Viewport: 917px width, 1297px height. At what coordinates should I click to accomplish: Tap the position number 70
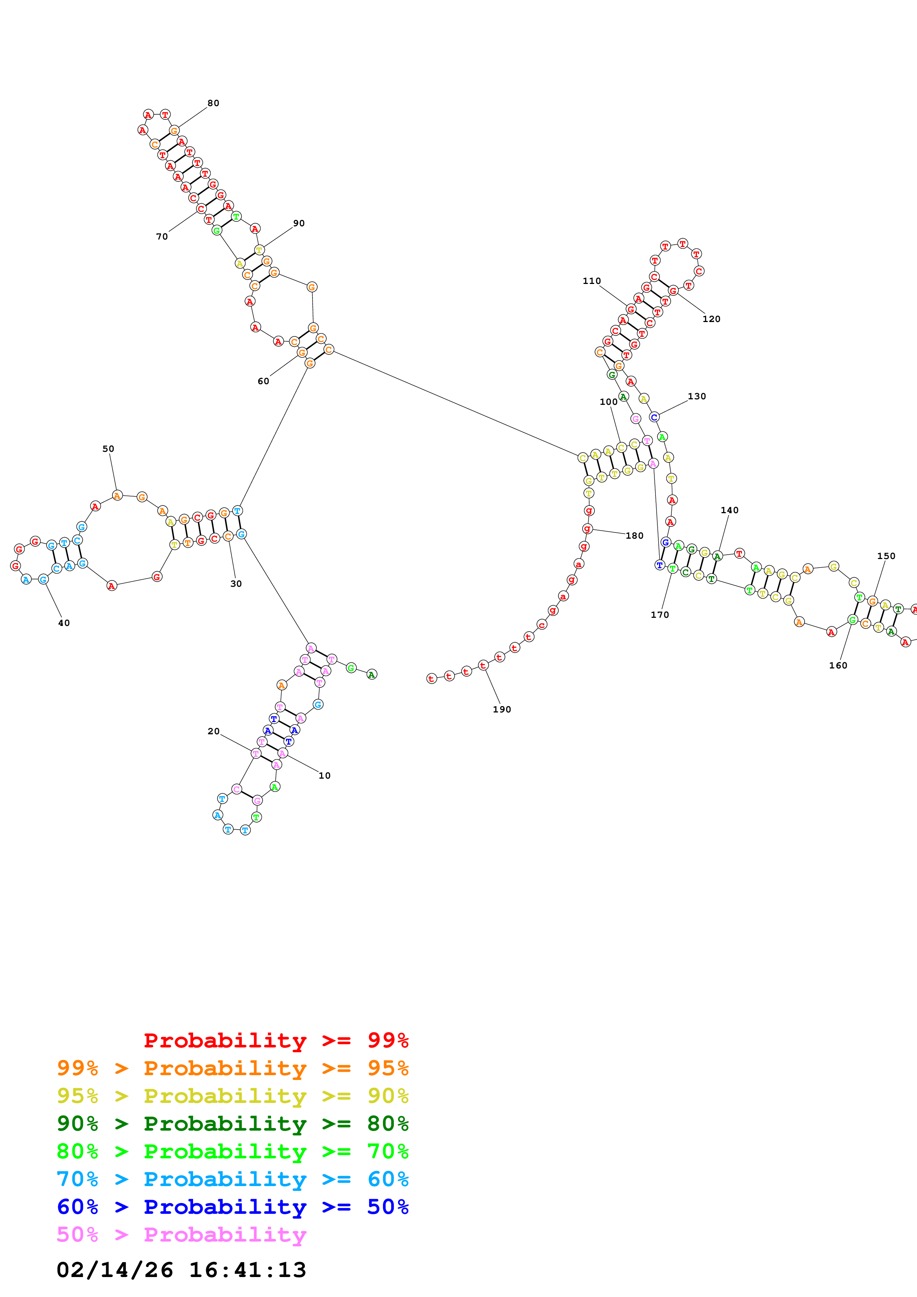click(x=162, y=237)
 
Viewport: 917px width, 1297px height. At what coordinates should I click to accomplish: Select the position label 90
click(x=299, y=223)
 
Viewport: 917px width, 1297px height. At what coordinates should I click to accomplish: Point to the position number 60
click(x=263, y=381)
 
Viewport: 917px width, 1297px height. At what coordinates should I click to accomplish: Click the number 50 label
click(x=108, y=448)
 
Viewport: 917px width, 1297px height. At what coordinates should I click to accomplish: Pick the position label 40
click(x=64, y=623)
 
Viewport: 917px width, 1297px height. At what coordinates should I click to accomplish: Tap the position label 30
click(x=236, y=583)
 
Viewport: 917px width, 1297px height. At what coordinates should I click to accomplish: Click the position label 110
click(x=591, y=281)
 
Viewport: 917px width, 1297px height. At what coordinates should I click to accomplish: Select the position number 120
click(x=711, y=319)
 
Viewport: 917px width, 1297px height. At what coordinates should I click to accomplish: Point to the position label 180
click(x=634, y=535)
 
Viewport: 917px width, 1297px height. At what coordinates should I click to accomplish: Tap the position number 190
click(x=502, y=710)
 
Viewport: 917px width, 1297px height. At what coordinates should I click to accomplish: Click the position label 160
click(x=838, y=666)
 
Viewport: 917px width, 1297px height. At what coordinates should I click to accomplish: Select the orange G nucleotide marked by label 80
click(x=174, y=131)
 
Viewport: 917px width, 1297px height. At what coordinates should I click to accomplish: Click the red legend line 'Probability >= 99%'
click(x=276, y=1040)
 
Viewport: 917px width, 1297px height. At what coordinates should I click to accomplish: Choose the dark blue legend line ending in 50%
click(x=232, y=1207)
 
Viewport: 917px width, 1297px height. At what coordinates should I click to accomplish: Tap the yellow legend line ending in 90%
click(x=232, y=1096)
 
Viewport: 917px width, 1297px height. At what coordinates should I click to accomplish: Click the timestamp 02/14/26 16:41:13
click(x=181, y=1270)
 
